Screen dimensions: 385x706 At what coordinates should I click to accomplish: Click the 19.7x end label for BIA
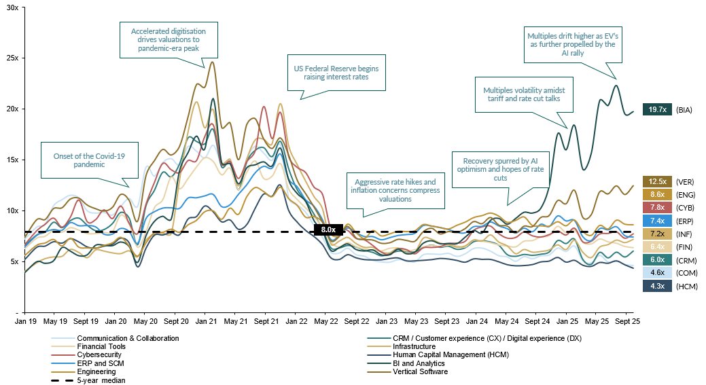tap(657, 109)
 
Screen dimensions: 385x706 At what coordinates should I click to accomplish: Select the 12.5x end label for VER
tap(657, 181)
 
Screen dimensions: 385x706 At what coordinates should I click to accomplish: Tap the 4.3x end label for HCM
tap(657, 286)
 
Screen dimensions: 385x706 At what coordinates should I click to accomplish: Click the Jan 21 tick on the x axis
tap(205, 320)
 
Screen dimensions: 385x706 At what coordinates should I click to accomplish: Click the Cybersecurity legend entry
tap(101, 354)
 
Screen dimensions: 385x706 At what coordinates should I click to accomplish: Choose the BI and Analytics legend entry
tap(422, 363)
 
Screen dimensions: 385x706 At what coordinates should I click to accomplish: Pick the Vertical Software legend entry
tap(419, 371)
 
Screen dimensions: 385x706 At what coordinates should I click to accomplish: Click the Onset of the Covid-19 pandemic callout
tap(90, 160)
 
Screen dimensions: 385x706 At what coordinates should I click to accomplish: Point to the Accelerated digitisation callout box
tap(169, 40)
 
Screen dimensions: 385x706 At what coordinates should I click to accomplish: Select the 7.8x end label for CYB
tap(657, 207)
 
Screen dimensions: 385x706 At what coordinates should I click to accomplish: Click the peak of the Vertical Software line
tap(213, 62)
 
